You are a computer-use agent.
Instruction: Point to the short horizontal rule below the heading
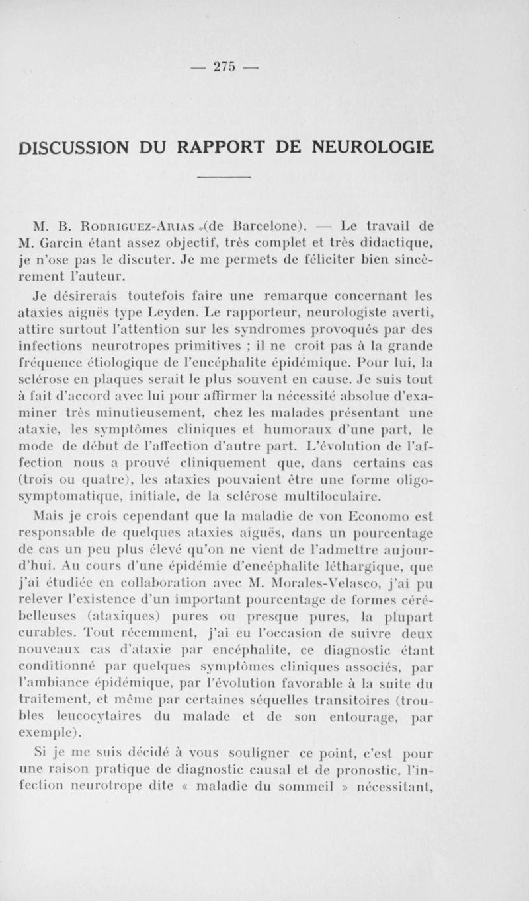coord(225,177)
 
